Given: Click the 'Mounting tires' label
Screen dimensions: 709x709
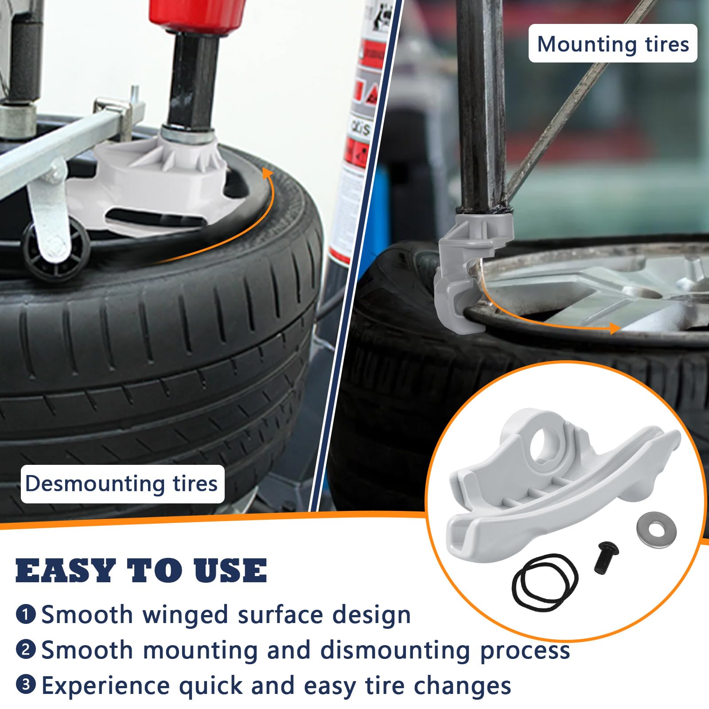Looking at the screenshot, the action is pos(613,43).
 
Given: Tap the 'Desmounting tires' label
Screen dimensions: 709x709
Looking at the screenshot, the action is pos(122,483).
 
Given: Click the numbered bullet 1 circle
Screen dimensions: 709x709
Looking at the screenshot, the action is pos(26,615).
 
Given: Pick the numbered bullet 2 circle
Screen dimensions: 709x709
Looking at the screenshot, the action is pos(26,650).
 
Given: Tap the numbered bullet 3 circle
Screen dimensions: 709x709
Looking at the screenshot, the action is pos(26,685).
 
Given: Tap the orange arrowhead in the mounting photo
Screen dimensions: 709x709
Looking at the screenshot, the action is pos(614,328).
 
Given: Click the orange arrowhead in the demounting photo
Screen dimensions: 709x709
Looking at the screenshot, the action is pos(268,173).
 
